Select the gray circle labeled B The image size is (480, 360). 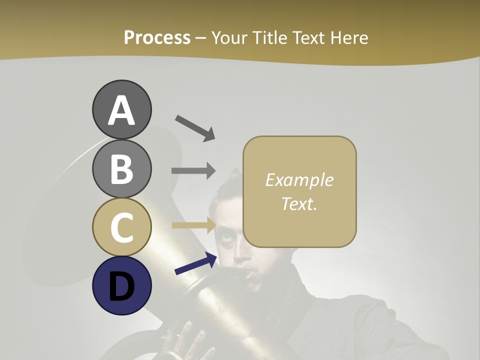pos(121,168)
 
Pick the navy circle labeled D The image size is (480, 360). pos(121,285)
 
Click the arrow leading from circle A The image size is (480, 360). pos(194,127)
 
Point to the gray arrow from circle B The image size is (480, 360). pos(193,170)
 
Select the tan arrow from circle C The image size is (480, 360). pos(193,225)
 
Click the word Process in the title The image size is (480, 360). pos(157,37)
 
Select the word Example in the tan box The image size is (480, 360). pos(299,180)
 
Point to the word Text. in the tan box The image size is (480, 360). pos(299,203)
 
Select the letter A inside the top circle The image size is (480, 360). pos(121,111)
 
